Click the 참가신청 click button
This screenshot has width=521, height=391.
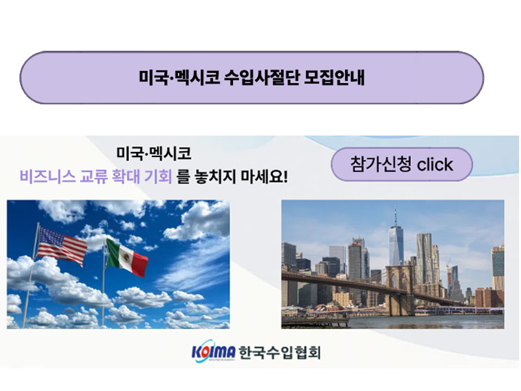(x=401, y=164)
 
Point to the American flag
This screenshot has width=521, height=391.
(x=62, y=246)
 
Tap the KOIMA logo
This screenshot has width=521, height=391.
(x=213, y=353)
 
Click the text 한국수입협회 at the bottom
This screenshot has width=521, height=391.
(x=280, y=353)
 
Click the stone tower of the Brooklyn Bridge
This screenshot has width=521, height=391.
(x=398, y=289)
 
